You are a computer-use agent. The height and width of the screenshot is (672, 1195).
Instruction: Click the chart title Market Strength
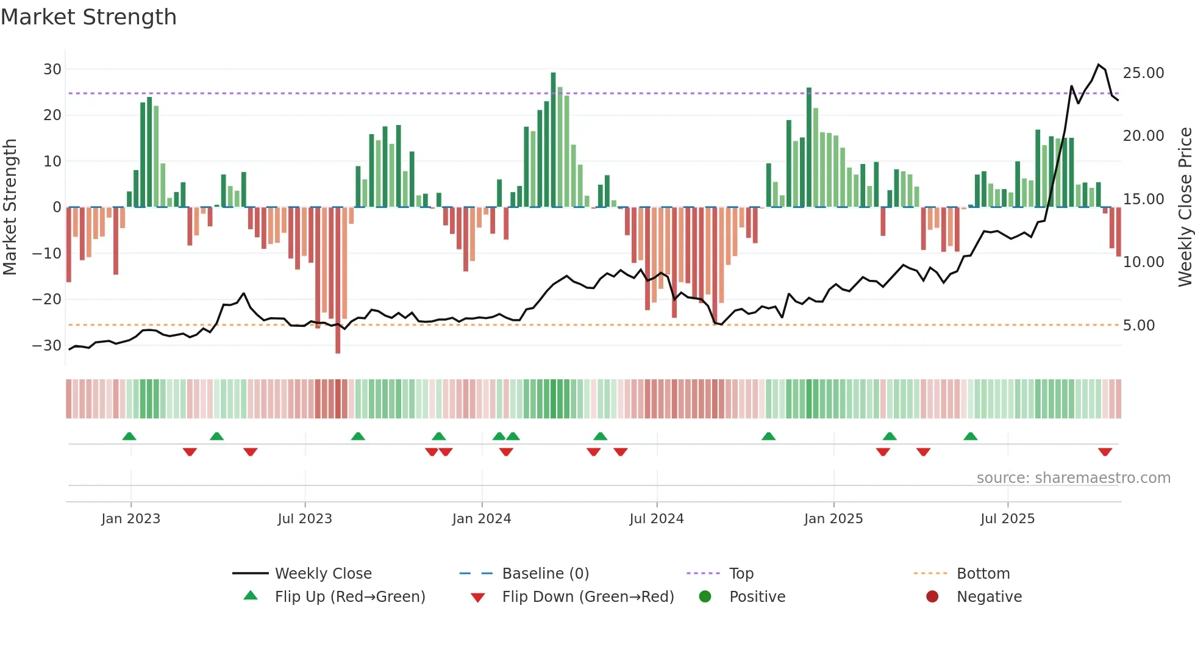(x=88, y=17)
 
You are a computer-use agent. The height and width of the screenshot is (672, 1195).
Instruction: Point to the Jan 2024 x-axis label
(x=481, y=519)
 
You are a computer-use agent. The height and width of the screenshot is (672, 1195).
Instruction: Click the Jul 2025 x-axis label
(x=1007, y=519)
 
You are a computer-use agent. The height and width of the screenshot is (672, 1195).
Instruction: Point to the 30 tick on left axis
(x=52, y=70)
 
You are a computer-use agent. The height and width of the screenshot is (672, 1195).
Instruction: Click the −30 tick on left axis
(x=47, y=346)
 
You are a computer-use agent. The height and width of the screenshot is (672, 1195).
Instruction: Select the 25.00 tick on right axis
(x=1143, y=73)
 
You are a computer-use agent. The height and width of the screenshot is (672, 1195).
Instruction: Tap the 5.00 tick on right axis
(x=1138, y=326)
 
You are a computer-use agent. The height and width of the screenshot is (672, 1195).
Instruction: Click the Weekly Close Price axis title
(x=1185, y=207)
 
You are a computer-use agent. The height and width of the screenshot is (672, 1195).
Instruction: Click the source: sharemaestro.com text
(x=1073, y=478)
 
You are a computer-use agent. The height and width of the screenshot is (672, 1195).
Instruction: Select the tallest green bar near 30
(x=553, y=139)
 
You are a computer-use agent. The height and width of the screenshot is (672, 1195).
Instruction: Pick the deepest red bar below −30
(x=338, y=281)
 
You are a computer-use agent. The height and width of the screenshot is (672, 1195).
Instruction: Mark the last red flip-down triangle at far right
(x=1105, y=452)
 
